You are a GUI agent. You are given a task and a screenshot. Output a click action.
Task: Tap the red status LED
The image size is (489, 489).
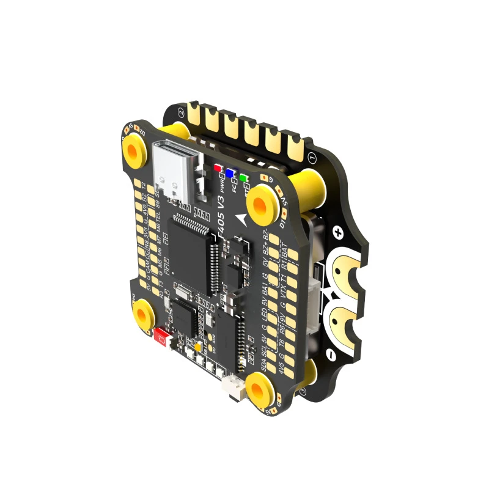217,167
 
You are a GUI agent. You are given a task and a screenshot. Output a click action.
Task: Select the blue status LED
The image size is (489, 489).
230,173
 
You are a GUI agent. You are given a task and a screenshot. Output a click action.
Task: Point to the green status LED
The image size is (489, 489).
243,178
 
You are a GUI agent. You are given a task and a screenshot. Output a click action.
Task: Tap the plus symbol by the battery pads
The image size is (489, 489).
339,233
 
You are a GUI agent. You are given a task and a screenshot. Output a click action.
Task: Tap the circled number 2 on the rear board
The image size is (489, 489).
181,112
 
